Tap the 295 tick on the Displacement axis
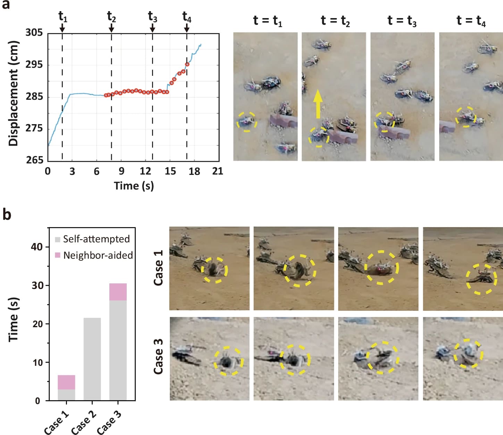(x=34, y=65)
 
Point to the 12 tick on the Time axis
(x=145, y=171)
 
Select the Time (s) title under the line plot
(x=134, y=186)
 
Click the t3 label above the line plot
(x=152, y=16)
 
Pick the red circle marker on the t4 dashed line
(x=187, y=64)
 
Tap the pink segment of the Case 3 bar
(x=118, y=292)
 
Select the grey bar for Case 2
(x=92, y=358)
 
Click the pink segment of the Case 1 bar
(x=66, y=382)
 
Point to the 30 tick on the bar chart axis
(x=37, y=285)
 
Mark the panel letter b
(x=7, y=215)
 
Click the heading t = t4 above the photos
(x=471, y=21)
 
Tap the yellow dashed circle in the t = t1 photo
(x=247, y=122)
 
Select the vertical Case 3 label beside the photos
(x=158, y=356)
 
